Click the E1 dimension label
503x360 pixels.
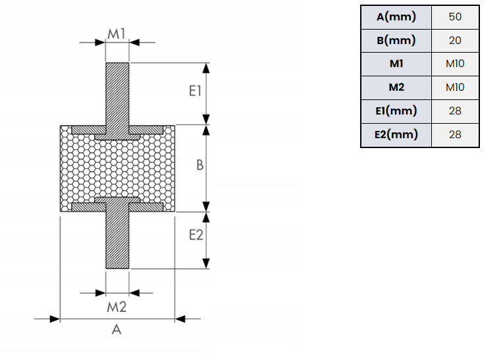click(194, 91)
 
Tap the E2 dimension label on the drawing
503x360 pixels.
click(196, 234)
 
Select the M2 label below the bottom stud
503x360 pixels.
click(117, 306)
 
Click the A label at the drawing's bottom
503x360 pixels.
click(117, 330)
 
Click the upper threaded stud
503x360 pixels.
click(117, 92)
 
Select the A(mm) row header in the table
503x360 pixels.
click(396, 16)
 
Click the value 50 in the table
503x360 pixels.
click(455, 16)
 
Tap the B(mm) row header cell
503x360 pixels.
click(396, 40)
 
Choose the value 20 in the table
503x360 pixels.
click(455, 40)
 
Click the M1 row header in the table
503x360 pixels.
click(396, 64)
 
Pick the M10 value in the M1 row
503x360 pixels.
click(455, 64)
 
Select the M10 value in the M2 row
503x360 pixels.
click(455, 88)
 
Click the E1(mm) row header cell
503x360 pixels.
click(396, 111)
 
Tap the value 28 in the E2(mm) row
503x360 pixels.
click(455, 135)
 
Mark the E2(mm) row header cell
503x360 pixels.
click(396, 135)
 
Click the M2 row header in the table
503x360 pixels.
click(396, 88)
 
